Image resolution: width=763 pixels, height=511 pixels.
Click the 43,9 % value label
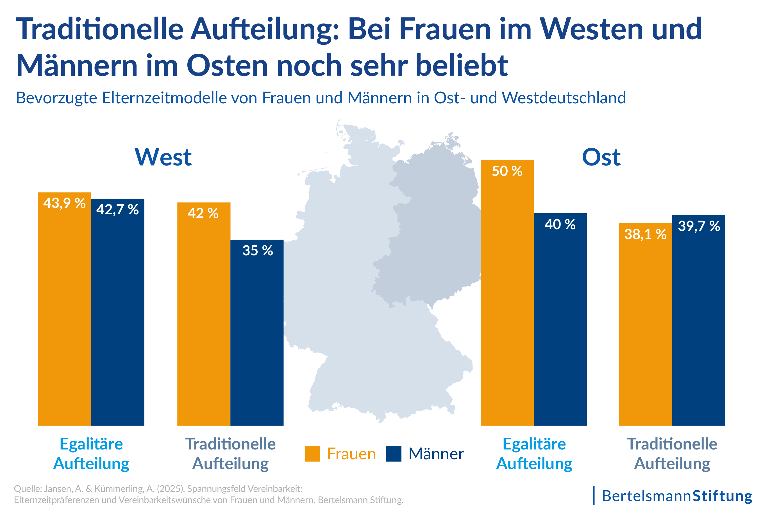(x=64, y=203)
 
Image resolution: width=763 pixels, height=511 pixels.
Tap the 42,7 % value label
(x=117, y=210)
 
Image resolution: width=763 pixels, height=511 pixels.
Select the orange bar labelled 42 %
(x=204, y=313)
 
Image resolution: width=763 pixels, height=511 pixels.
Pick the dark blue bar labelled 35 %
(x=257, y=332)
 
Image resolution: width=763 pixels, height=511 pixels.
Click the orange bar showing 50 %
(x=507, y=293)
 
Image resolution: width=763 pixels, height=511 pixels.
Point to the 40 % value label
(x=560, y=224)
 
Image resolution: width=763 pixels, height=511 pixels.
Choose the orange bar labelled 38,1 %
(x=645, y=326)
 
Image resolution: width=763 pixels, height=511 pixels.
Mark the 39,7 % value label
(x=699, y=226)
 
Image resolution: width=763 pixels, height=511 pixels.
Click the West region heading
(x=163, y=157)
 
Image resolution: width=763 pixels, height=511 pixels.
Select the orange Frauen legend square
(x=312, y=454)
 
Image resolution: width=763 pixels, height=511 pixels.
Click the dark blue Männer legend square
(x=393, y=454)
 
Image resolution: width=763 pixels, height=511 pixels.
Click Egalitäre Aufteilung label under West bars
(x=91, y=454)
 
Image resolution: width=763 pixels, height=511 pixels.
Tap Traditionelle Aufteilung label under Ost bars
(x=672, y=454)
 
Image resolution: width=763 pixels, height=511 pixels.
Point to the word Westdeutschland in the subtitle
(x=564, y=98)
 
